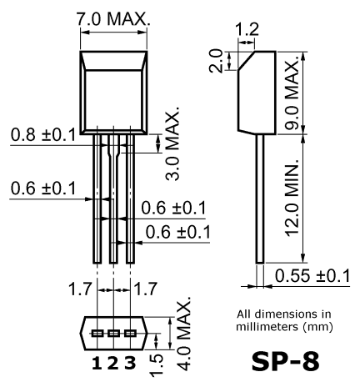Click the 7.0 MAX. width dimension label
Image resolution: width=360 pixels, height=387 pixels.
point(113,19)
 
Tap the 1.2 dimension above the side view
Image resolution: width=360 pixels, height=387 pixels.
point(247,29)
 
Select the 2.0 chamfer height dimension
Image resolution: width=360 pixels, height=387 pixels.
point(216,61)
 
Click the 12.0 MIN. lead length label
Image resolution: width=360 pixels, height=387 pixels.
point(292,199)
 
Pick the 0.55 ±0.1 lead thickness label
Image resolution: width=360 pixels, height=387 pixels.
point(312,275)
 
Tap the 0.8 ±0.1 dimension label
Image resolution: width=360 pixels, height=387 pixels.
point(43,135)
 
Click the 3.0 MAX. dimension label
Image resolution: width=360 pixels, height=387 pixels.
point(172,143)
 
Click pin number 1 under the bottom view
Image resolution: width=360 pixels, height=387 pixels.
point(97,364)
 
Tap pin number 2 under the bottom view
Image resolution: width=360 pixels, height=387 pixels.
point(113,364)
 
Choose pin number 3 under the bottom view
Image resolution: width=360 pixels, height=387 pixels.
point(130,364)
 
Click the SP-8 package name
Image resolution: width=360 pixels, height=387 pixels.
point(286,362)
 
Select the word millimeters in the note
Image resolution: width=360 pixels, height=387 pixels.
point(267,326)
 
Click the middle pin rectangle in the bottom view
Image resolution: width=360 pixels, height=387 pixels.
point(113,333)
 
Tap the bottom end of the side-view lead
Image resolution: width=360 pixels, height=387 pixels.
point(260,263)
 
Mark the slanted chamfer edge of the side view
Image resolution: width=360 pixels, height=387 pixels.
point(246,60)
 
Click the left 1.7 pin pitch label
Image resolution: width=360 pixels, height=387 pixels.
point(80,289)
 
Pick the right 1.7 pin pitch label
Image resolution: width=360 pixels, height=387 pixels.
point(146,289)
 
